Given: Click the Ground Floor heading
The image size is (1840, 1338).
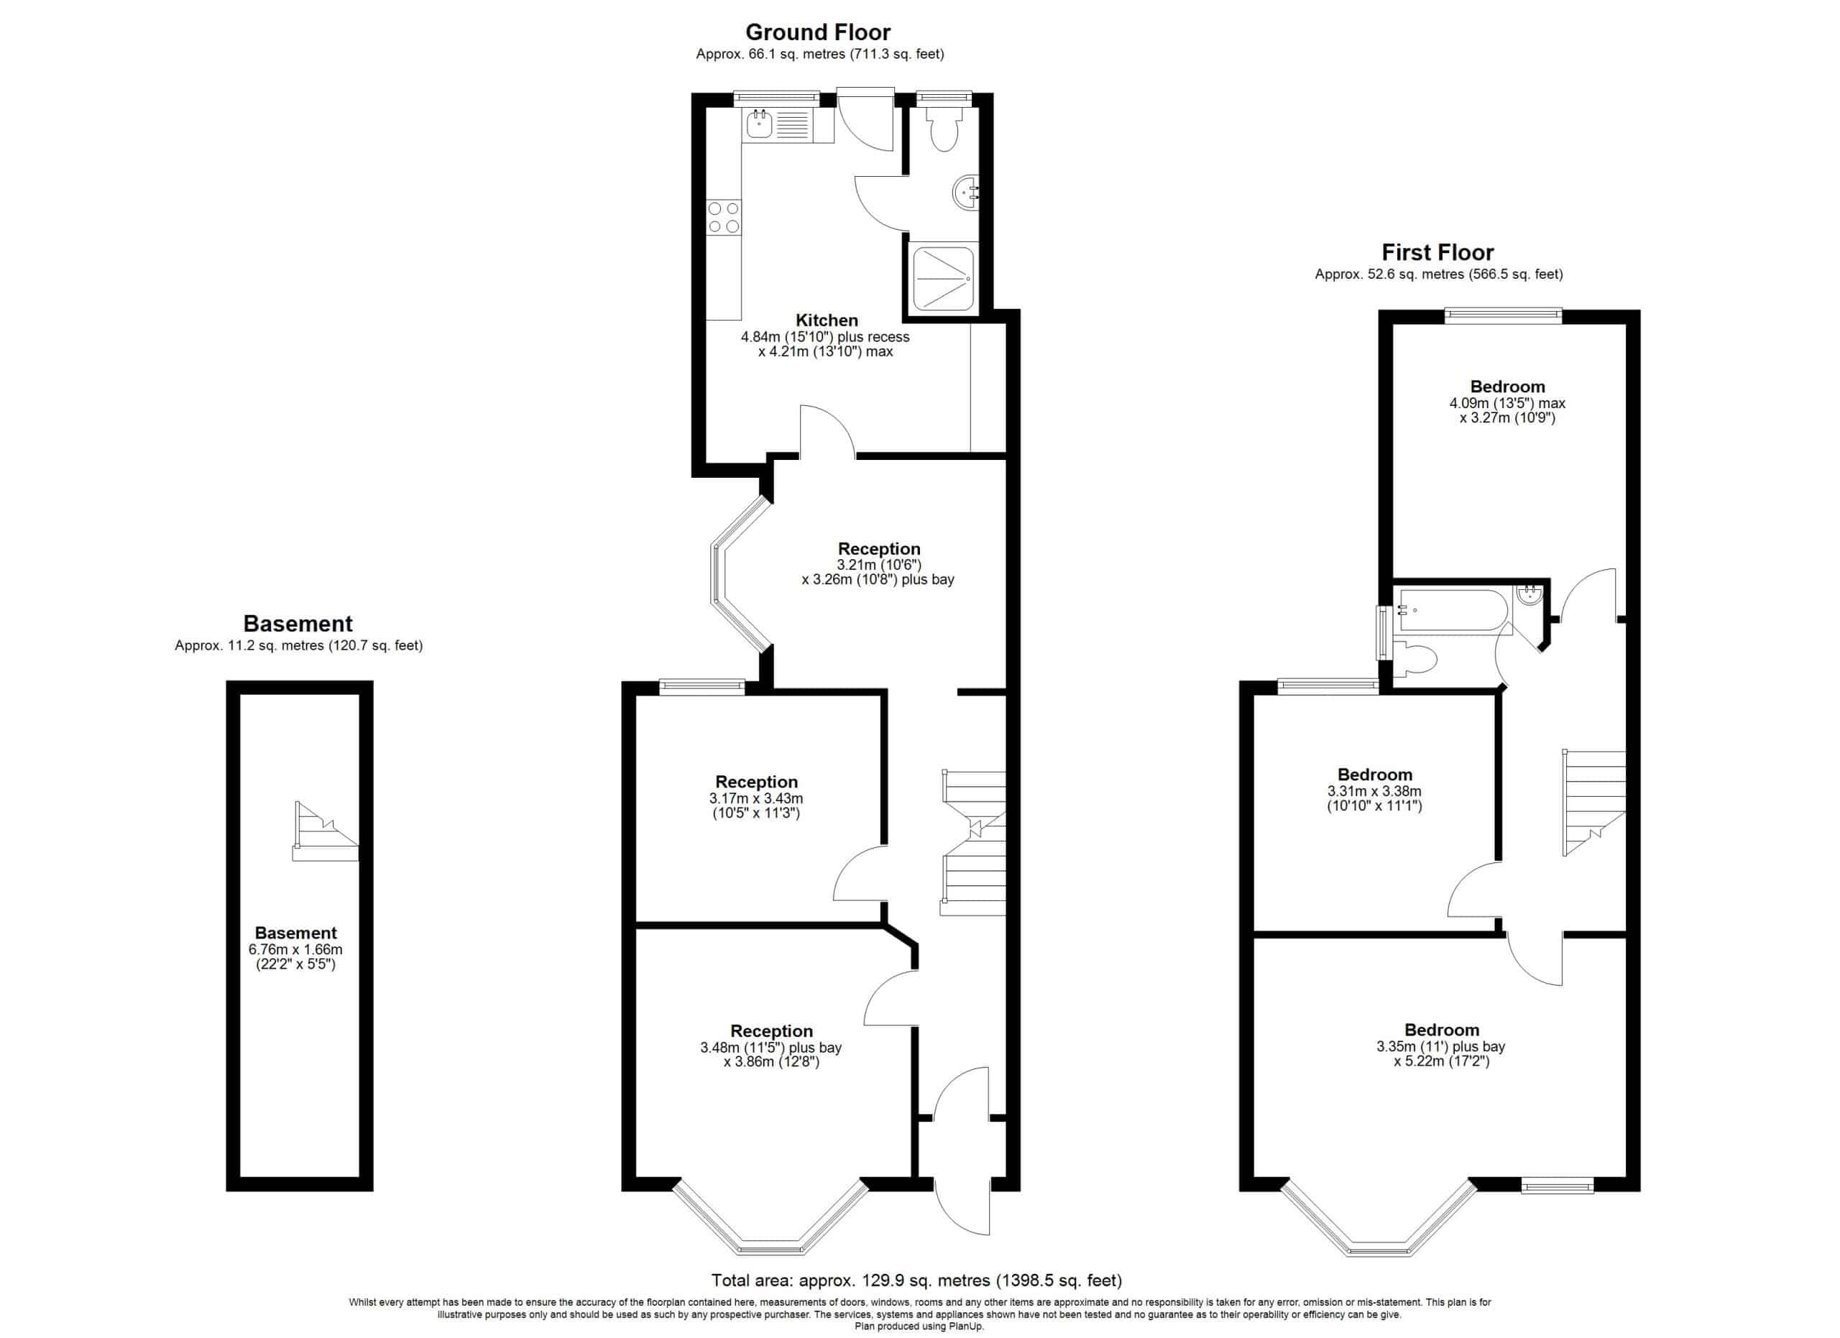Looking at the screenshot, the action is [x=818, y=32].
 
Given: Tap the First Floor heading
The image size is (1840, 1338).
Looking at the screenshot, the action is [x=1437, y=253].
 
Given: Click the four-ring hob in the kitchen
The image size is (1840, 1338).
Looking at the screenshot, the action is [x=724, y=217].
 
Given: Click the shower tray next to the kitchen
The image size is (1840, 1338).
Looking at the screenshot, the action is [x=943, y=278].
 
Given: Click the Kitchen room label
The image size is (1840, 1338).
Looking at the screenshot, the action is [x=827, y=320].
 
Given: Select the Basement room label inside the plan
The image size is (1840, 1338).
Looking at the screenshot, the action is [x=295, y=933].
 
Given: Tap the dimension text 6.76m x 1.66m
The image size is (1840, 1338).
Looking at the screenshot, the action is [x=295, y=949].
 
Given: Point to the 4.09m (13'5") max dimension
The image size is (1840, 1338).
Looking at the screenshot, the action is [x=1507, y=403].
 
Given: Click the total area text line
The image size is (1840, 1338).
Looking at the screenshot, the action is [x=916, y=1281].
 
